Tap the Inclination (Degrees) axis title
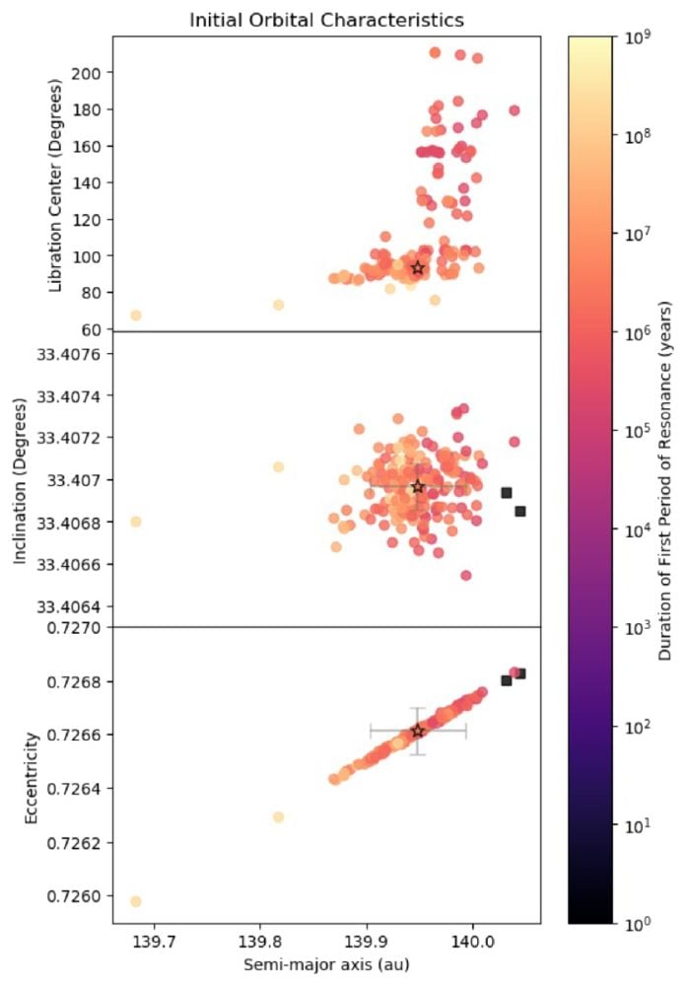click(x=20, y=479)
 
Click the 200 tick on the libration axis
click(x=88, y=73)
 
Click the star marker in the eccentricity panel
click(x=418, y=731)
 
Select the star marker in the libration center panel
click(x=418, y=267)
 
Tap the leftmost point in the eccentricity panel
click(x=136, y=901)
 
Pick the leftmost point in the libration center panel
click(x=136, y=316)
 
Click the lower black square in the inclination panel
click(x=520, y=511)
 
